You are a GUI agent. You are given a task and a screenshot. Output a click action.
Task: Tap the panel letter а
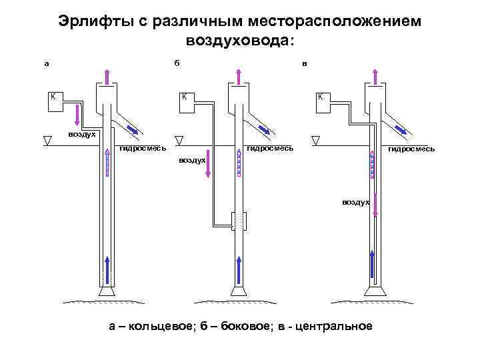46,64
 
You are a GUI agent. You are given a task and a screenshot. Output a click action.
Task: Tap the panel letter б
177,64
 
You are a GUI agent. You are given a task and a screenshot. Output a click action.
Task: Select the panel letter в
305,64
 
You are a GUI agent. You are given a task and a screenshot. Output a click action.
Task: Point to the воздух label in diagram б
193,161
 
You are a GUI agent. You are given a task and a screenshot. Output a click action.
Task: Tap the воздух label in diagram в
355,201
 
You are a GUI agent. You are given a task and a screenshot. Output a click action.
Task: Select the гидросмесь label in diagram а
142,147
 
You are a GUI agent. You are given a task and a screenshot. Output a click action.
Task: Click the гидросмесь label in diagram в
411,149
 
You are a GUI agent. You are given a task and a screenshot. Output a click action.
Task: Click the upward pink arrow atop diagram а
106,74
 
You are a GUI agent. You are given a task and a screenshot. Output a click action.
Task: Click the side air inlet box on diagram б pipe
239,221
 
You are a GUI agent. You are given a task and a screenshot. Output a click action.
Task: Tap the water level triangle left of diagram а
47,140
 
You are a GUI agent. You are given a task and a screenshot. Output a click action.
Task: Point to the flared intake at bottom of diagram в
374,291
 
